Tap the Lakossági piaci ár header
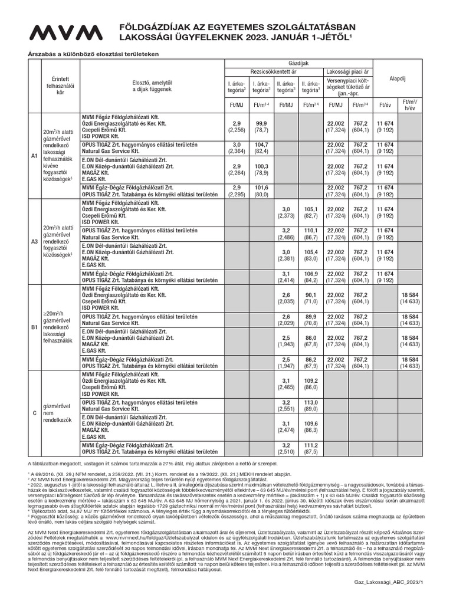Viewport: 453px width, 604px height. tap(347, 71)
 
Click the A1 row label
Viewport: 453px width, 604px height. tap(34, 156)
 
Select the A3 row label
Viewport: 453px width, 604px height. tap(34, 241)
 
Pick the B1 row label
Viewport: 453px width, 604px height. tap(34, 326)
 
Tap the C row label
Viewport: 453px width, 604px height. tap(34, 413)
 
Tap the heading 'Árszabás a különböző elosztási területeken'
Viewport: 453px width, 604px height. tap(88, 54)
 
